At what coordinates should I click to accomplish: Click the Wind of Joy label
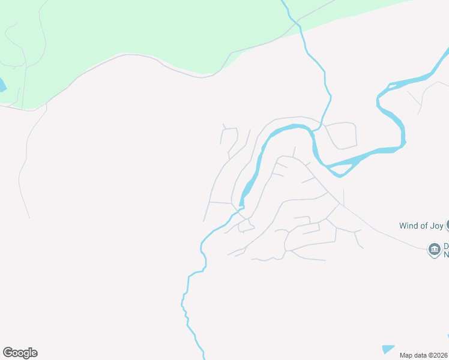click(421, 226)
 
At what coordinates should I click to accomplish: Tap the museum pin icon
click(434, 249)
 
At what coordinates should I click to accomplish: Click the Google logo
click(20, 353)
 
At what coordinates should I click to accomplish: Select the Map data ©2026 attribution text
click(424, 355)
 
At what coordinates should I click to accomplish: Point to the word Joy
click(436, 226)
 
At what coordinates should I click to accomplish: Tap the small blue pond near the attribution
click(388, 349)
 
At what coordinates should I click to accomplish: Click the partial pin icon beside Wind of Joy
click(447, 224)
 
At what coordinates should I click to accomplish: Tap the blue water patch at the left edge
click(2, 86)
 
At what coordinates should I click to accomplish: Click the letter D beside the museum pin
click(446, 245)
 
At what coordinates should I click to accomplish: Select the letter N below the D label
click(446, 254)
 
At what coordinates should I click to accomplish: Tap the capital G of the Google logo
click(7, 353)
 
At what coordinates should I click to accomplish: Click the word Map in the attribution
click(406, 355)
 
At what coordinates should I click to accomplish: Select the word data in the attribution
click(419, 355)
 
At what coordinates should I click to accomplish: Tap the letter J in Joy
click(432, 226)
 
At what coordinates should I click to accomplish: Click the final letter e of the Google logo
click(34, 353)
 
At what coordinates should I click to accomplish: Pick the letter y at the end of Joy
click(441, 227)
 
